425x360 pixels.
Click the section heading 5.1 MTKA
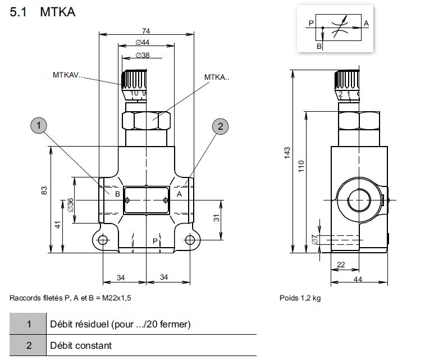click(x=43, y=12)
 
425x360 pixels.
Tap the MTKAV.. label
click(x=67, y=74)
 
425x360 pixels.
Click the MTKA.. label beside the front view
click(x=217, y=78)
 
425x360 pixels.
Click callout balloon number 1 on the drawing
click(x=38, y=126)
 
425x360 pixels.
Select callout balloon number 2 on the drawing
click(x=220, y=126)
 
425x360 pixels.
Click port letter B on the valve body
click(x=117, y=194)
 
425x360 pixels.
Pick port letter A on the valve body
click(x=180, y=194)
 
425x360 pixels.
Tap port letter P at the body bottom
click(x=156, y=240)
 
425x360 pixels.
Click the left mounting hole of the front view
click(x=103, y=240)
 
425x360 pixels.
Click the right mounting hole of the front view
click(x=190, y=240)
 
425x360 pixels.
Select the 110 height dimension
click(x=301, y=166)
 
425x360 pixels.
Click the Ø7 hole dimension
click(x=314, y=240)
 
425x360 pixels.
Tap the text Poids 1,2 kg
click(x=300, y=298)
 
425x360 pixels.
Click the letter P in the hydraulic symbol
click(x=310, y=23)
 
